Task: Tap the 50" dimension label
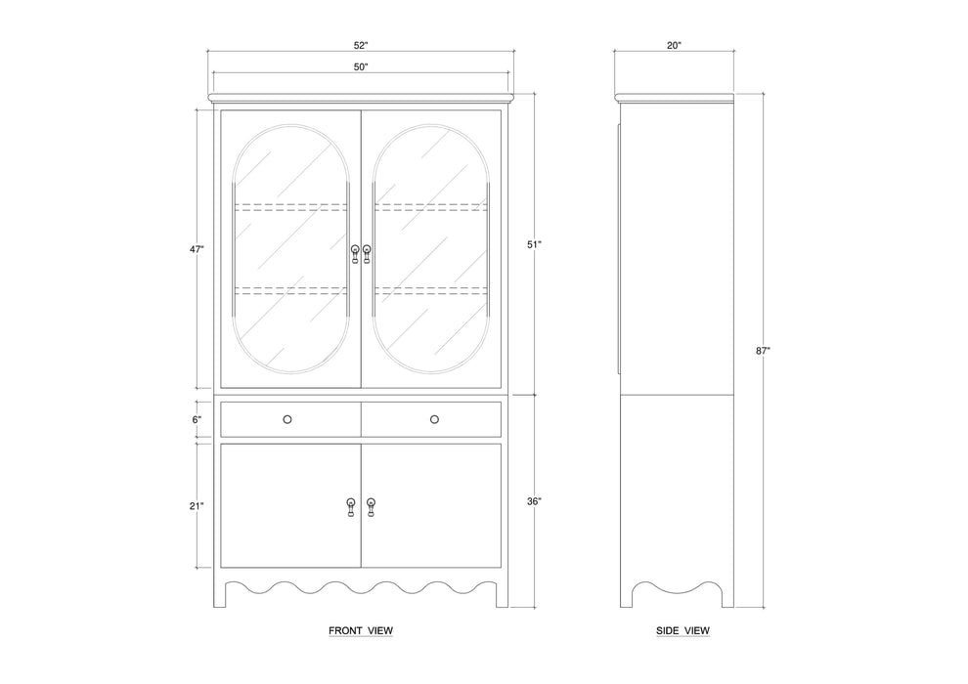(x=361, y=66)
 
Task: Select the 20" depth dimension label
(x=674, y=45)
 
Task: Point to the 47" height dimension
(x=198, y=250)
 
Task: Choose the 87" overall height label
(x=764, y=350)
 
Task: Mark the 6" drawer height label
(x=197, y=419)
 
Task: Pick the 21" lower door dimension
(x=198, y=505)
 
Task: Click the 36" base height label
(x=533, y=501)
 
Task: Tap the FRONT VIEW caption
(x=361, y=631)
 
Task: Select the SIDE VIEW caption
(x=682, y=631)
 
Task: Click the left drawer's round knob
(x=287, y=419)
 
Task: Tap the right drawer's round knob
(x=434, y=419)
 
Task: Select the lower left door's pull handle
(x=351, y=508)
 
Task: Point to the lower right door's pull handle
(x=371, y=508)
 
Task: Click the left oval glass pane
(x=290, y=250)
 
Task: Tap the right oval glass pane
(x=431, y=250)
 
